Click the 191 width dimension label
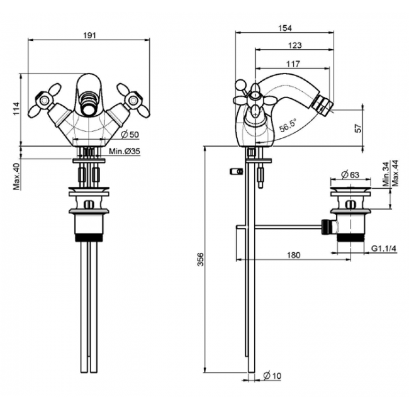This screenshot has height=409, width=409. click(x=90, y=35)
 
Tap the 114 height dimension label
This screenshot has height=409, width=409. click(x=16, y=109)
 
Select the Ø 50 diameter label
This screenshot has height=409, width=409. click(x=130, y=135)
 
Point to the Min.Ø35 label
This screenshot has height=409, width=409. click(x=125, y=151)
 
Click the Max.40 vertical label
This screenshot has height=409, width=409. click(x=16, y=177)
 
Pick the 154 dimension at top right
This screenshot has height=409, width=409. click(x=285, y=28)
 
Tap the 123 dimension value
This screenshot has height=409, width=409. click(x=294, y=45)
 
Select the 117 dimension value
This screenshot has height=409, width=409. click(x=293, y=64)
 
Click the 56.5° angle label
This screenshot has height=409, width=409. click(x=288, y=125)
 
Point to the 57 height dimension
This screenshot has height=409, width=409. click(x=359, y=128)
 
